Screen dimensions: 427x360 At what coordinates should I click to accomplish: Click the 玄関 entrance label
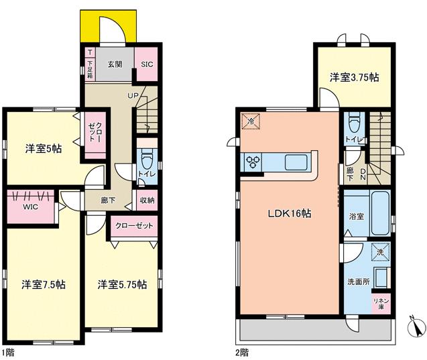(x=115, y=64)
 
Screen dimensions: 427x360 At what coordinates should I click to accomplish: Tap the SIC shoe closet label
(x=147, y=64)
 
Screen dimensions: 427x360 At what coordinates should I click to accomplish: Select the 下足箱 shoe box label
(x=90, y=70)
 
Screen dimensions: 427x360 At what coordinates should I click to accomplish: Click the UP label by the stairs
(x=133, y=95)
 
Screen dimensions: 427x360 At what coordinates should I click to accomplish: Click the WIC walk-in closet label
(x=30, y=206)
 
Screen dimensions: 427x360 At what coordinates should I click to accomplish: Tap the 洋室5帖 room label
(x=44, y=149)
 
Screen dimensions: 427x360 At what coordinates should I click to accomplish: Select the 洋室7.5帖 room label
(x=44, y=284)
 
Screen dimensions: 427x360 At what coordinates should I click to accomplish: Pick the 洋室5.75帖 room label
(x=122, y=284)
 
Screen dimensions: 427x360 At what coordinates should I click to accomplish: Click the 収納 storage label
(x=147, y=200)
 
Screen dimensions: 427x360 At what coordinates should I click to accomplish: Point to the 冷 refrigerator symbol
(x=251, y=121)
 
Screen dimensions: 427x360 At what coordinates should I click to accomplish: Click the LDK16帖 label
(x=290, y=213)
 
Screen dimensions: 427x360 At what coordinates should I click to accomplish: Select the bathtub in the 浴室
(x=381, y=213)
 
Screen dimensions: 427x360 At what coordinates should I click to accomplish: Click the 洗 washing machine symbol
(x=381, y=252)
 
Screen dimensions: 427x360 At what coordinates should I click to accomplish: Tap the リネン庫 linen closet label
(x=381, y=304)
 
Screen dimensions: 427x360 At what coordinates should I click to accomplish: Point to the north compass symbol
(x=416, y=326)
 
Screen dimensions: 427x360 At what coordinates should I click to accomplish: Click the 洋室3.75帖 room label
(x=355, y=78)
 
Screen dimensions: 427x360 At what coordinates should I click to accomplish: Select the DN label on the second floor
(x=363, y=174)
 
